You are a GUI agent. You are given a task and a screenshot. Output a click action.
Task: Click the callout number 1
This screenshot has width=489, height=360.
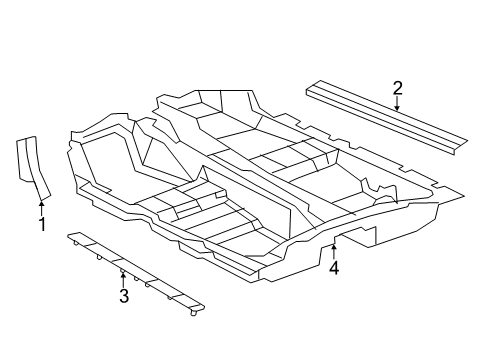click(42, 224)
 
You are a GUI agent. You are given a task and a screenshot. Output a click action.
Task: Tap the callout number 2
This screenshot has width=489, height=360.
click(397, 90)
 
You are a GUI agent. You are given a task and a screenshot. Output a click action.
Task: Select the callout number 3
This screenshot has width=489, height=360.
click(123, 296)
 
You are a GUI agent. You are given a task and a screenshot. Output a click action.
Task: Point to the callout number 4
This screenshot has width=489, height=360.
click(334, 267)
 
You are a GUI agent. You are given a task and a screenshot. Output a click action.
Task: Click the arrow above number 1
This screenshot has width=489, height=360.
click(42, 206)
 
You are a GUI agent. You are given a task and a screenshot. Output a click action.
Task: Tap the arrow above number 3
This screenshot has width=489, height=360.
click(123, 278)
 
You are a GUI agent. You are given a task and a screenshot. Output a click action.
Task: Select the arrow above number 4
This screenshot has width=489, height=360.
click(334, 249)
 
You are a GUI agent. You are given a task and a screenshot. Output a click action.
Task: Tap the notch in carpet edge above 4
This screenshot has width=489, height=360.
click(334, 240)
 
